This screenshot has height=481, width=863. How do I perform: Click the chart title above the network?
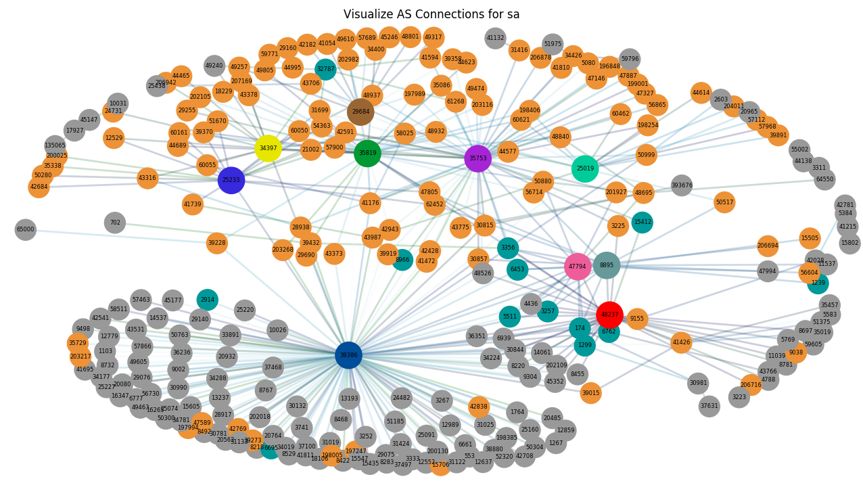point(431,14)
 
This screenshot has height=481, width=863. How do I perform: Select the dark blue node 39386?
point(348,355)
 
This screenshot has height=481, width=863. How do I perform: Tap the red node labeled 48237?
point(609,315)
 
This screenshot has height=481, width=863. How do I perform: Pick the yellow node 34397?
point(268,148)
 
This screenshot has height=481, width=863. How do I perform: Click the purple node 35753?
point(477,158)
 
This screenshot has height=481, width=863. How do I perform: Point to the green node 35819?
point(367,153)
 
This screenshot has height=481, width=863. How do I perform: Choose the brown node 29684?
point(360,112)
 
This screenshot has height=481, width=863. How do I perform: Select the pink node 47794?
point(578,267)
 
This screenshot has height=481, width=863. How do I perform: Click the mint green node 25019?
point(585,168)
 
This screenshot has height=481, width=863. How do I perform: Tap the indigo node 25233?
point(231,180)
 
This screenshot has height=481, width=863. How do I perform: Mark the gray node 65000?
point(26,229)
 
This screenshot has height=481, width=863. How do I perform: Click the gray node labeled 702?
point(115,223)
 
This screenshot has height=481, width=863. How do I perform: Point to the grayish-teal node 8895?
point(607,265)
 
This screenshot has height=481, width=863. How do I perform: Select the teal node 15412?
point(643,222)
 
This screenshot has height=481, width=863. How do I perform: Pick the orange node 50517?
point(724,202)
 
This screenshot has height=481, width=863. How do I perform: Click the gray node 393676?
point(682,185)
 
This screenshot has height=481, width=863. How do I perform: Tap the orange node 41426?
point(681,342)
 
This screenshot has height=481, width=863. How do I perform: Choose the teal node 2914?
point(208,300)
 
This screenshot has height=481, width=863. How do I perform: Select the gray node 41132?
point(496,39)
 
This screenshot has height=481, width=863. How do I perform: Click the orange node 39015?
point(590,393)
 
